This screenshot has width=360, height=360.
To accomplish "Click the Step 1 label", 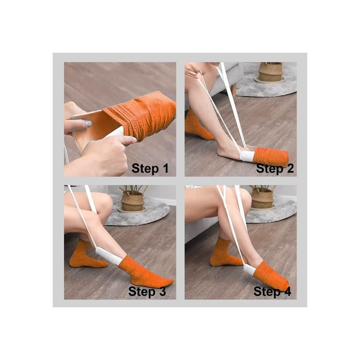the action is pos(150,168).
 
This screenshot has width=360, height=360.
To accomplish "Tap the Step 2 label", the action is pos(275,168).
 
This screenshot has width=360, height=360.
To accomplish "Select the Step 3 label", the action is pos(147,291).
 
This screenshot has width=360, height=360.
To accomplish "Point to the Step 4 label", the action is pos(272,291).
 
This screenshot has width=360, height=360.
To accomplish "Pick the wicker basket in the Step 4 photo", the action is pos(263,197).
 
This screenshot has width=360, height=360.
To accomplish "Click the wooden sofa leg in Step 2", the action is pos(234,90).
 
